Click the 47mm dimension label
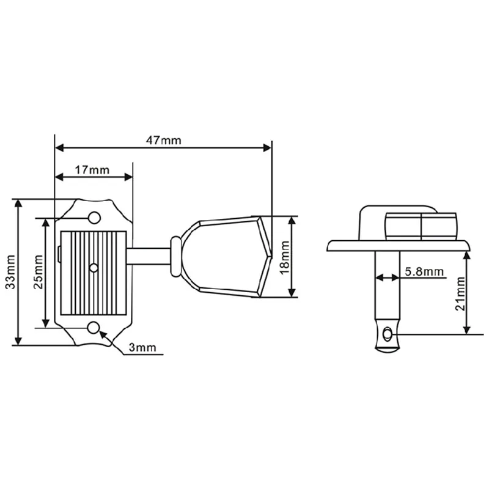164,141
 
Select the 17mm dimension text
92,170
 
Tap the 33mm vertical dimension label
11,272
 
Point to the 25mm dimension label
39,272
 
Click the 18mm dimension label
285,257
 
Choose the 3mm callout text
142,347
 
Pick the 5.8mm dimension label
424,271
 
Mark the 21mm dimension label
460,294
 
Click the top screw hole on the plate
94,218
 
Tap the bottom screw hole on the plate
94,328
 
